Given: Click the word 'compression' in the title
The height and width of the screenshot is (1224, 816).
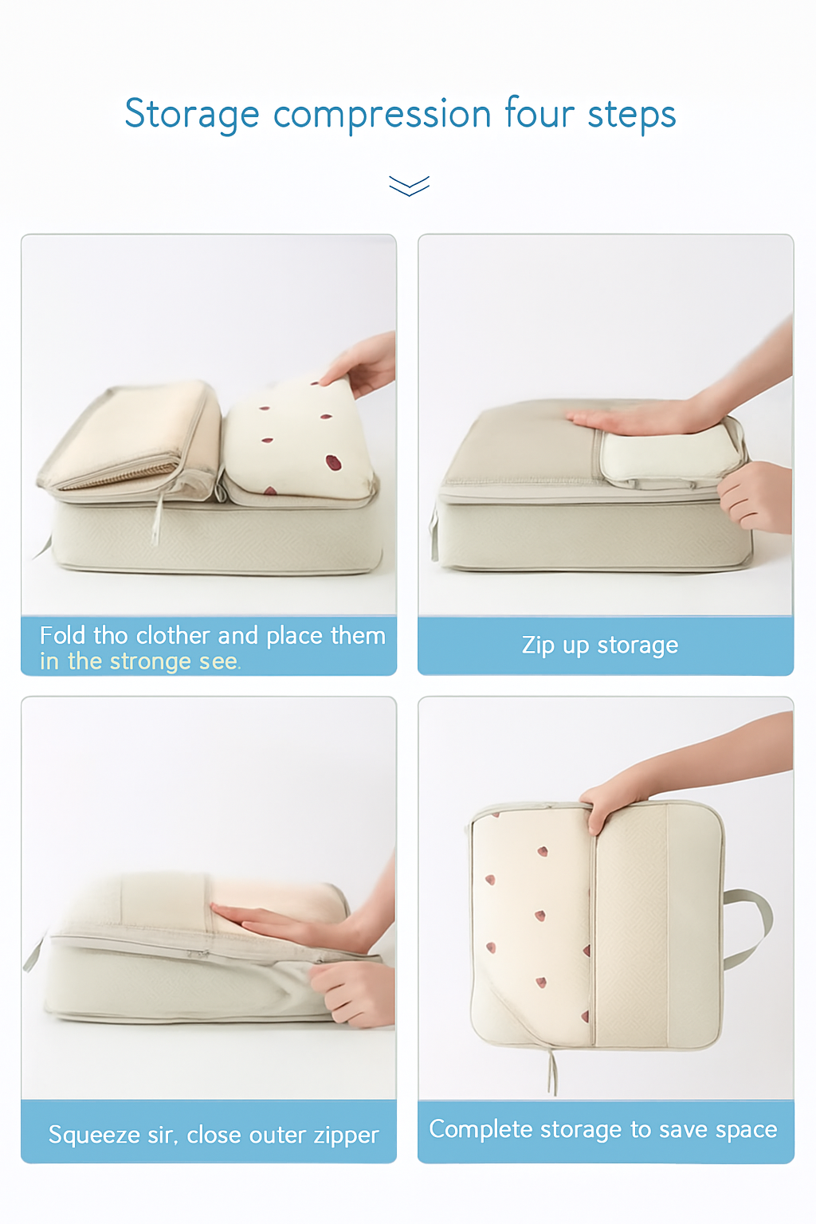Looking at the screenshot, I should click(x=382, y=114).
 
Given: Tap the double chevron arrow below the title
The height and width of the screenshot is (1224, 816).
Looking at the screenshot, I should click(x=409, y=186).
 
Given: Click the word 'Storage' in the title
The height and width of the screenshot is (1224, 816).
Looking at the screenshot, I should click(x=192, y=114).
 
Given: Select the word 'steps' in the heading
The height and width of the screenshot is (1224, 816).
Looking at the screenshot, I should click(x=632, y=114).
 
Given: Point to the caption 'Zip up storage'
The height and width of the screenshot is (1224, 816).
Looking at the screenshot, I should click(x=600, y=645).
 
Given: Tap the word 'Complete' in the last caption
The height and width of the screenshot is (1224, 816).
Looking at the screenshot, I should click(x=481, y=1129).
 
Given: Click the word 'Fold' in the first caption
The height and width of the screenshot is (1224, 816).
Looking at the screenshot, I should click(x=62, y=635).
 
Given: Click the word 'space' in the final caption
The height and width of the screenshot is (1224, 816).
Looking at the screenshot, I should click(x=746, y=1129).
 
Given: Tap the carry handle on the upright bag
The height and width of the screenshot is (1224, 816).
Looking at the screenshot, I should click(x=753, y=924).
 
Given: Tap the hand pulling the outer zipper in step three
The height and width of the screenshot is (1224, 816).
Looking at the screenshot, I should click(x=355, y=992).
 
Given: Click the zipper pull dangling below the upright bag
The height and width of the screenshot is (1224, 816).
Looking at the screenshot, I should click(x=551, y=1072).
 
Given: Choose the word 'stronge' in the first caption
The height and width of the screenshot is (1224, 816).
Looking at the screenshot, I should click(x=151, y=661).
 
